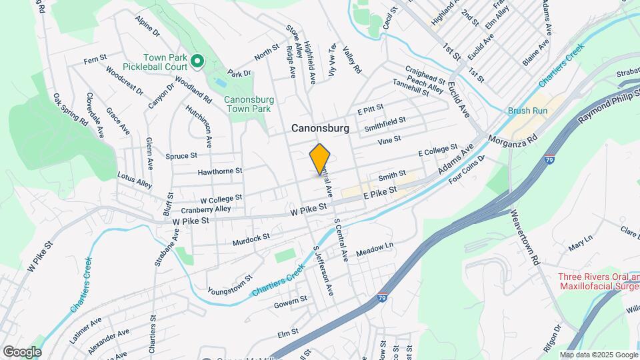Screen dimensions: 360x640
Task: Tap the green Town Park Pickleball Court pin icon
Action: pos(197,62)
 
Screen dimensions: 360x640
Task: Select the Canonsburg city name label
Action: pos(320,129)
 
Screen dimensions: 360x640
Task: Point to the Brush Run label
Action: pos(527,111)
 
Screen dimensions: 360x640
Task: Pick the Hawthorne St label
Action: pos(219,171)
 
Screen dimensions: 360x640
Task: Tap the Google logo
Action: pos(22,351)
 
